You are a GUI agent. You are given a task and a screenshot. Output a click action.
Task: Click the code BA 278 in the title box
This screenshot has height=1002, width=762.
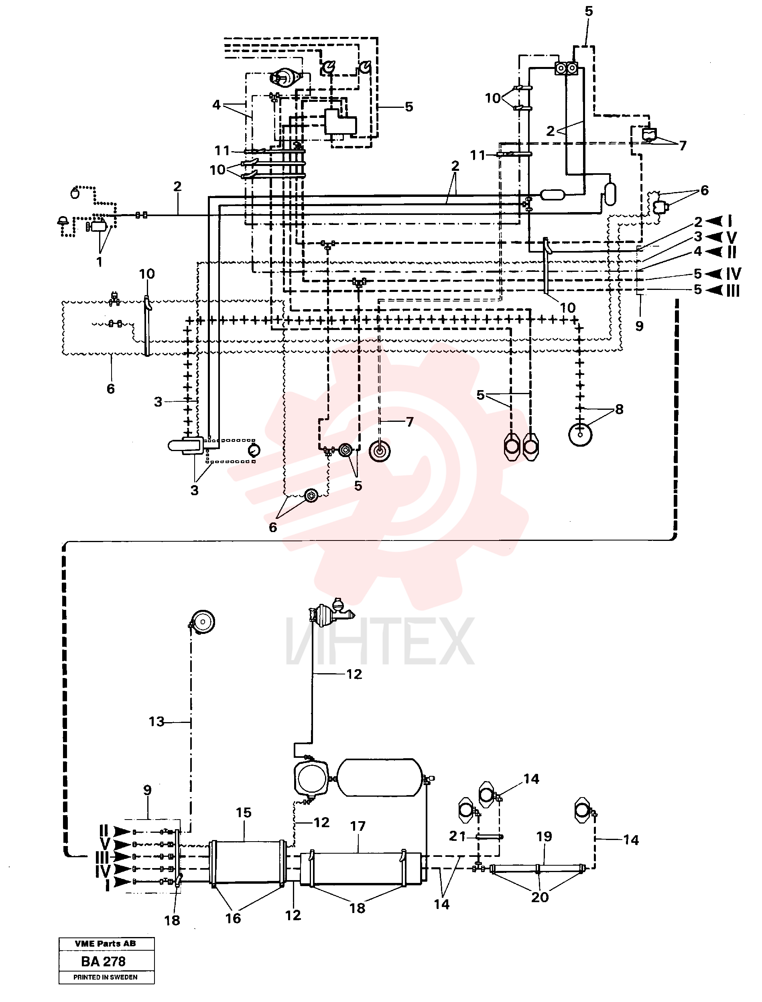point(103,961)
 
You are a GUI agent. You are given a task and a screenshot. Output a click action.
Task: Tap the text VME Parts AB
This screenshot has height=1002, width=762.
point(105,943)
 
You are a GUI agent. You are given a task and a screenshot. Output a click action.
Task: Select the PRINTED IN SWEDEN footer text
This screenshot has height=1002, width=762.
point(105,977)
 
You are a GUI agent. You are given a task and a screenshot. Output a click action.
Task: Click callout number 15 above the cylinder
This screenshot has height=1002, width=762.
point(244,813)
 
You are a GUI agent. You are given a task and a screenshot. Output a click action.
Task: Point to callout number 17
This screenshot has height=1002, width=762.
point(358,826)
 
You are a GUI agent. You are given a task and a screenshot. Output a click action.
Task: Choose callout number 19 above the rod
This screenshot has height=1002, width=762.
point(544,836)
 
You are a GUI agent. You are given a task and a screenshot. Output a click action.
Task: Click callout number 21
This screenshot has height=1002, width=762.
point(457,836)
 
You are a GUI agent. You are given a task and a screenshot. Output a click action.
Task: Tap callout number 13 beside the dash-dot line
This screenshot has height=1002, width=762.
point(156,721)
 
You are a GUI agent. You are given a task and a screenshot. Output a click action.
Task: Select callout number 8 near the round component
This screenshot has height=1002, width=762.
point(619,409)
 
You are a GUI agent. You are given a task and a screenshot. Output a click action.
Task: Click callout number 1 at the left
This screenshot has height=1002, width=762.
point(100,262)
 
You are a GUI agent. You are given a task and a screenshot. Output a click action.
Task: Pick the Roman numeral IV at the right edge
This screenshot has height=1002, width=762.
point(733,274)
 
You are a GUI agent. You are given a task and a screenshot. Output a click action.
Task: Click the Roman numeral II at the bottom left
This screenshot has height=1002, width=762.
point(104,831)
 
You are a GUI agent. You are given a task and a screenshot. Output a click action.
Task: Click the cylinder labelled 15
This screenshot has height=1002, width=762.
point(248,862)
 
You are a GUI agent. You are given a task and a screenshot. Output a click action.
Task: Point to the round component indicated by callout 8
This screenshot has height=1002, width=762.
point(581,435)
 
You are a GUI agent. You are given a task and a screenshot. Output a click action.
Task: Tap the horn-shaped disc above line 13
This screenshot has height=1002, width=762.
point(202,622)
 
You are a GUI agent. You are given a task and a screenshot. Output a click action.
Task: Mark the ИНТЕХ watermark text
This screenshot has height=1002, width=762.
point(380,641)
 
